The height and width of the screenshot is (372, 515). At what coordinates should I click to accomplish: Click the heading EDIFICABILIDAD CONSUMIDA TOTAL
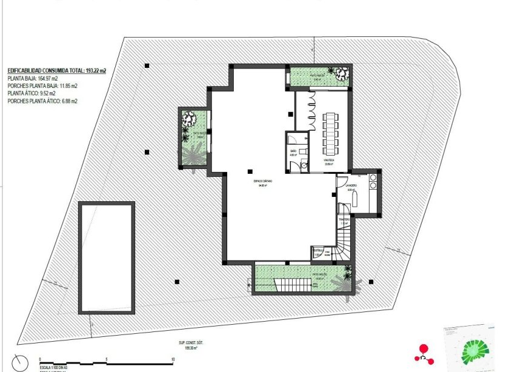pos(56,71)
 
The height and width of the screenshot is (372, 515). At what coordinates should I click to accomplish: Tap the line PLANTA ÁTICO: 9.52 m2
pos(32,94)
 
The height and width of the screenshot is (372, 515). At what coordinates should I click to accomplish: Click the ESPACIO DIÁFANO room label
pos(263,182)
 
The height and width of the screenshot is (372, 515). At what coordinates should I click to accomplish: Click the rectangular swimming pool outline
pos(106,257)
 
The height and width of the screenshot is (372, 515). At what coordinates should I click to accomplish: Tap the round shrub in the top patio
pos(341,74)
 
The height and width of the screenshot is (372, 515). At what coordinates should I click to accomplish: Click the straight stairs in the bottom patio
pos(289,284)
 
